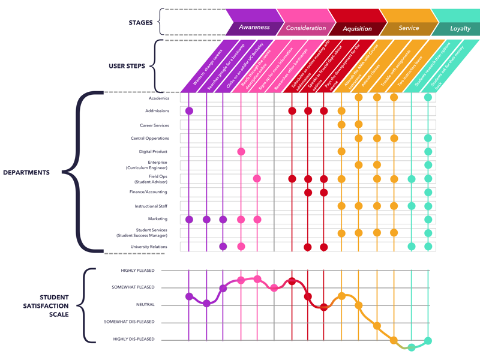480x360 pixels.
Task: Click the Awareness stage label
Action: (254, 28)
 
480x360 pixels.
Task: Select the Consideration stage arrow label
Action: (306, 28)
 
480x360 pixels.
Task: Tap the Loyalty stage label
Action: (461, 28)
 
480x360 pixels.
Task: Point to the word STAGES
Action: (140, 23)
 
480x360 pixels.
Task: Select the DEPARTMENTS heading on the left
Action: (26, 172)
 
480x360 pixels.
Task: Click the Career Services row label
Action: (154, 125)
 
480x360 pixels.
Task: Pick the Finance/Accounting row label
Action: (148, 192)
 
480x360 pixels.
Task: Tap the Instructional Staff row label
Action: (151, 206)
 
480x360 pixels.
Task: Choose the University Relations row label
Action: (149, 247)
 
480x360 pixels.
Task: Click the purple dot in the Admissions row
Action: (190, 111)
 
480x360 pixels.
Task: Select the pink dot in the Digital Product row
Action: (241, 152)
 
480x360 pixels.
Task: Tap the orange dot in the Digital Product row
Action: (341, 152)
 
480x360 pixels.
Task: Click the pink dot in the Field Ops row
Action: (257, 179)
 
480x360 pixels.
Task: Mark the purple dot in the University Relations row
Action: (223, 247)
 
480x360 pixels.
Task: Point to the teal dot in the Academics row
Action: (428, 97)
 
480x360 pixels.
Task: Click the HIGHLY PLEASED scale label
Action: (137, 271)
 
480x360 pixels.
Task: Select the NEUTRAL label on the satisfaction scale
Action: (145, 305)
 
